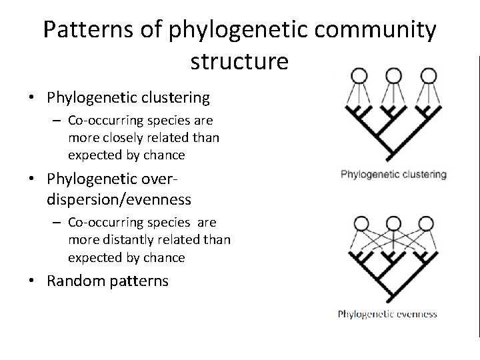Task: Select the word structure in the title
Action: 239,61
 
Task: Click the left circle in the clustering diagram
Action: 360,75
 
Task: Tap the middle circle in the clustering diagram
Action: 393,75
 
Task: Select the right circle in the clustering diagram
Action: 427,75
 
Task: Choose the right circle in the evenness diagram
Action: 427,223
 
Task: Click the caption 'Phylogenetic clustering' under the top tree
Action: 393,175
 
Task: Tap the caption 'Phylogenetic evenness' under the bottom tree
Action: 388,313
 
